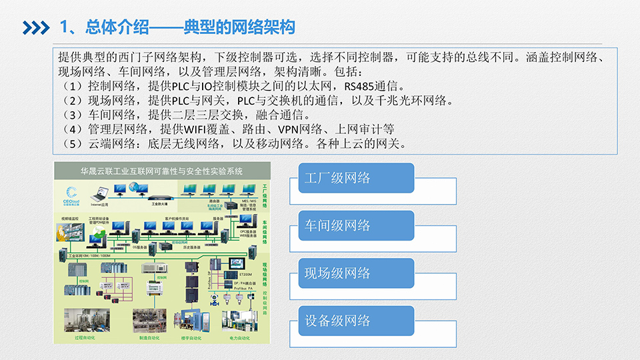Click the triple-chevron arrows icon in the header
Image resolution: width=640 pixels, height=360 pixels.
pos(36,27)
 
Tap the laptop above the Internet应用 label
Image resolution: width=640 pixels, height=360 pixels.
pos(99,194)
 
